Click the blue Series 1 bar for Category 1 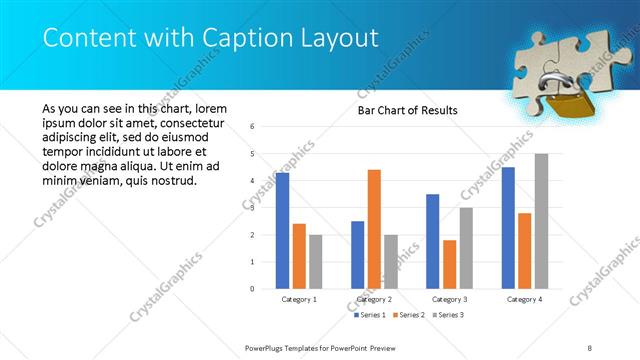[282, 230]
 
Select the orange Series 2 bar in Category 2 [374, 229]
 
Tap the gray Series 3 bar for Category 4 [541, 221]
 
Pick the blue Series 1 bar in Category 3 [432, 241]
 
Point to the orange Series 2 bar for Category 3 [449, 264]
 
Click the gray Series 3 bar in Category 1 [316, 261]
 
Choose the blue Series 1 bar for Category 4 [508, 227]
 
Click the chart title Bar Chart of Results [407, 110]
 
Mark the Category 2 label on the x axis [374, 299]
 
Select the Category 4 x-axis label [524, 299]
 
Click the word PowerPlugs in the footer [267, 347]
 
